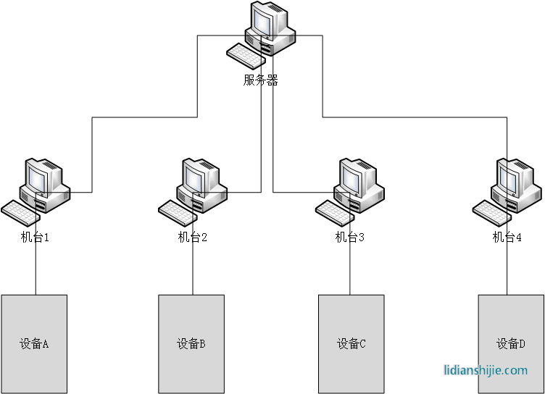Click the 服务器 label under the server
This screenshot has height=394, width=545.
[x=261, y=80]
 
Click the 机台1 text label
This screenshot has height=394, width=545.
[x=35, y=237]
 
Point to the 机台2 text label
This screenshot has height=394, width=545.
[x=193, y=237]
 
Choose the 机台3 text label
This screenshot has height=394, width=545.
[x=349, y=237]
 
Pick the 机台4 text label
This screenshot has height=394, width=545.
[x=507, y=237]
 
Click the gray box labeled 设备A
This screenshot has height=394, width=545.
[x=34, y=343]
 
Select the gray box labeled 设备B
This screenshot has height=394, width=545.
[x=191, y=343]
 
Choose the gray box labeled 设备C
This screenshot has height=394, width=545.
[x=351, y=343]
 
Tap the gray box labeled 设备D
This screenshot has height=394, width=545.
[x=510, y=343]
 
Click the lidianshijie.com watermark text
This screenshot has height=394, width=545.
[x=486, y=370]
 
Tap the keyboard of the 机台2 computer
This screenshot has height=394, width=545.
[x=177, y=211]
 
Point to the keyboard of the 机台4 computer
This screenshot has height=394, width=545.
[x=491, y=211]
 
